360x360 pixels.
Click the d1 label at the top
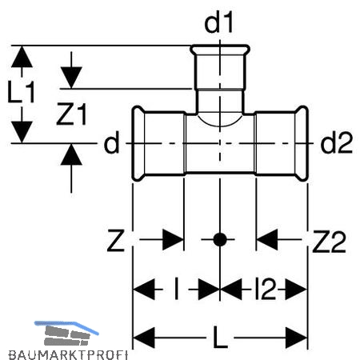pyautogui.click(x=218, y=23)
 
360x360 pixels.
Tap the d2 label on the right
pyautogui.click(x=337, y=143)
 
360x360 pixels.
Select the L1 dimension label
pyautogui.click(x=22, y=92)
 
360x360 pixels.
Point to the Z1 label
pyautogui.click(x=71, y=114)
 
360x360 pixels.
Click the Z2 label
pyautogui.click(x=329, y=242)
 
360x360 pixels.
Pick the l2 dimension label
pyautogui.click(x=265, y=289)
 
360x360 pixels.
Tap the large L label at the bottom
pyautogui.click(x=220, y=338)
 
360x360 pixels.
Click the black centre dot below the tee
pyautogui.click(x=220, y=239)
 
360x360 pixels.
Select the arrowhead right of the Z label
pyautogui.click(x=174, y=239)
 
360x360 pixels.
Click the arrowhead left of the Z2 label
pyautogui.click(x=266, y=239)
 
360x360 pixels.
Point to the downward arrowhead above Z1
pyautogui.click(x=71, y=78)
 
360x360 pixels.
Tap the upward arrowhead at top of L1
pyautogui.click(x=22, y=57)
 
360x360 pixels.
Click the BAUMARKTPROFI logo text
pyautogui.click(x=68, y=355)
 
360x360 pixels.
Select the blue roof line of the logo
pyautogui.click(x=66, y=326)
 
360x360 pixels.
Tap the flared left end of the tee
pyautogui.click(x=138, y=143)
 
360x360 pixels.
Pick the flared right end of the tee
pyautogui.click(x=302, y=143)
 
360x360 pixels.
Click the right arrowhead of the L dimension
pyautogui.click(x=297, y=338)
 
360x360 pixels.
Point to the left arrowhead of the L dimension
pyautogui.click(x=143, y=338)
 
